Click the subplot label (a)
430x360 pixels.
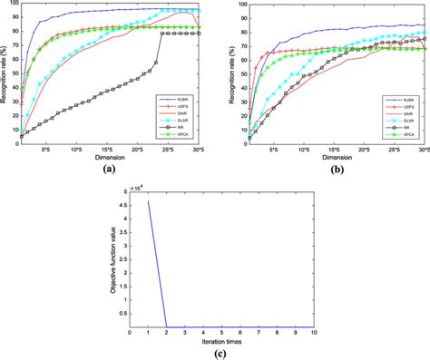pyautogui.click(x=109, y=169)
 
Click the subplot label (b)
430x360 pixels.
pyautogui.click(x=337, y=169)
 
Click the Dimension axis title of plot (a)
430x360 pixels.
pyautogui.click(x=109, y=156)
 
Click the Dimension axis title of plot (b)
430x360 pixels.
pyautogui.click(x=337, y=156)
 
